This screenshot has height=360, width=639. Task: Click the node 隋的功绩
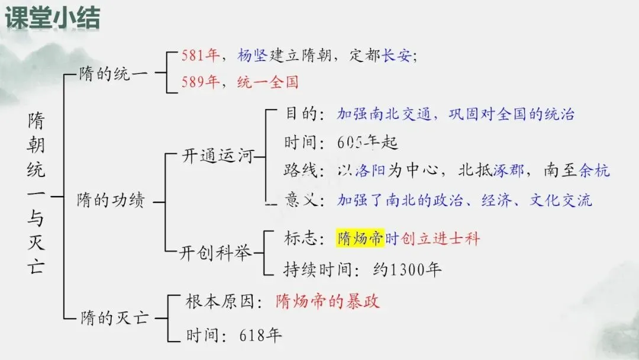[111, 201]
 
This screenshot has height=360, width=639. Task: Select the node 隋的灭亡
[111, 319]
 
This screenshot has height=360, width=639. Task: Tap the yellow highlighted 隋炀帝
[360, 239]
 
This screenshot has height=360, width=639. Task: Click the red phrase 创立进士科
[440, 239]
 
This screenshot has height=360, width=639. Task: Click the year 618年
[261, 335]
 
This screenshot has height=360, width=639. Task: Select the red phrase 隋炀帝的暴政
[327, 301]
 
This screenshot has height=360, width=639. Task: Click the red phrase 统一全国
[267, 81]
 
